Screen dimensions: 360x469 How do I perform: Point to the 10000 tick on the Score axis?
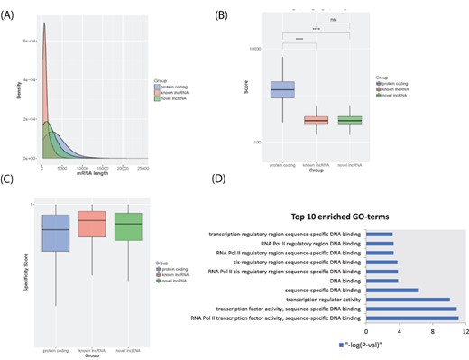click(254, 48)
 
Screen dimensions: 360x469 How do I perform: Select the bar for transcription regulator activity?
click(419, 299)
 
